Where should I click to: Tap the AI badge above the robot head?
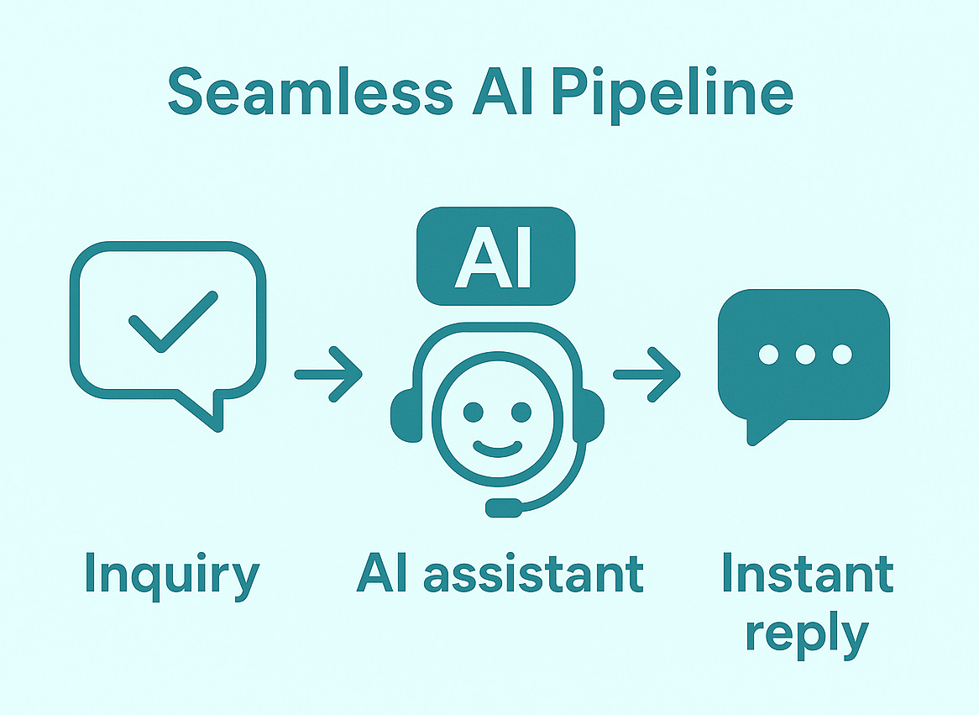click(x=495, y=255)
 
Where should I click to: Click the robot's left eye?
click(x=473, y=412)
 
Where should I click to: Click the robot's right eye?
click(x=522, y=412)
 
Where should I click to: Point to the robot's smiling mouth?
click(x=497, y=444)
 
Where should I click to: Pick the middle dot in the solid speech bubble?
click(x=804, y=355)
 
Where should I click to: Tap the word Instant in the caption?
click(x=807, y=575)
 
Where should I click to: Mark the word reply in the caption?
click(x=806, y=634)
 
